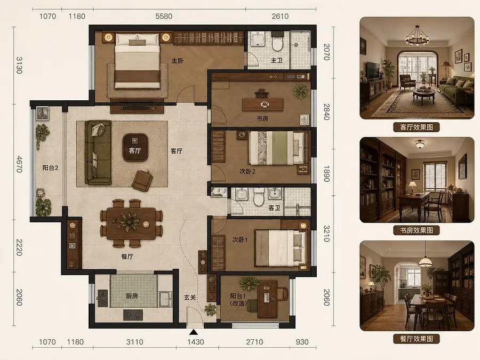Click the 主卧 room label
click(178, 61)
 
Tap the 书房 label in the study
click(262, 118)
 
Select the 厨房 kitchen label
click(132, 295)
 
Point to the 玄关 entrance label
click(190, 297)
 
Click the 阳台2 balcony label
click(50, 168)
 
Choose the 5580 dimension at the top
click(164, 16)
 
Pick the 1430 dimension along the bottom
click(196, 342)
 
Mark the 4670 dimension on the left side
click(19, 164)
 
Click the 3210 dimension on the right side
click(326, 234)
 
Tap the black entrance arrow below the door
click(193, 332)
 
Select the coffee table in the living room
click(135, 147)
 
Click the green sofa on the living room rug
click(98, 153)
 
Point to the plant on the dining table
click(129, 221)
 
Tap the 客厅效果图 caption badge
click(417, 127)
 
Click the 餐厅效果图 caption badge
click(417, 339)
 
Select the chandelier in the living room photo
click(417, 37)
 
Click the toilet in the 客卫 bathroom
click(259, 197)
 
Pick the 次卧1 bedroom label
click(239, 239)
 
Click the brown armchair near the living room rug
click(142, 181)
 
